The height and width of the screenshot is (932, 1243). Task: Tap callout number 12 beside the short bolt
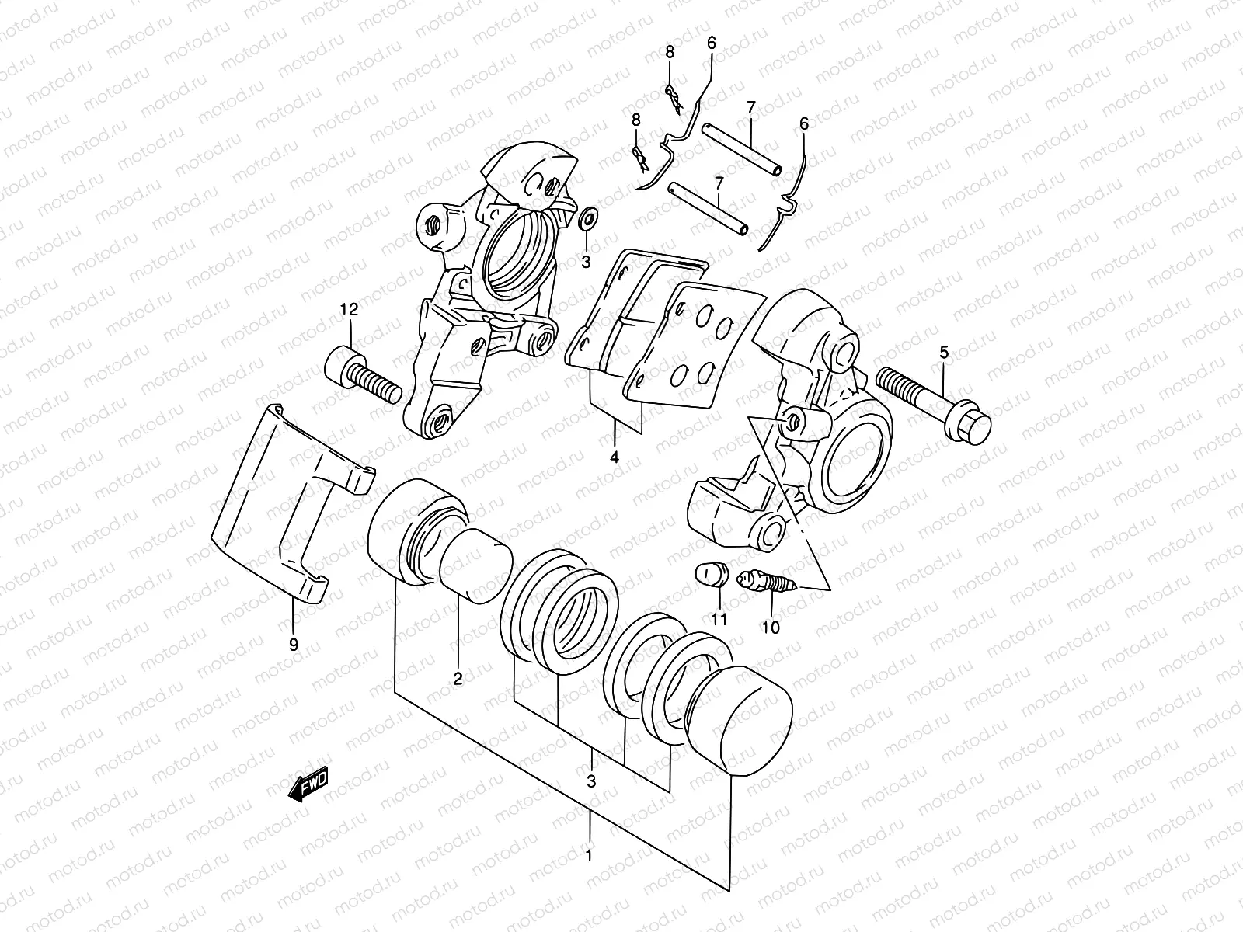tap(349, 311)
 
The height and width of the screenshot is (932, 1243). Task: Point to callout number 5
tap(944, 353)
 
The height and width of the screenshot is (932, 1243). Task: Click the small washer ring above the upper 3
tap(588, 221)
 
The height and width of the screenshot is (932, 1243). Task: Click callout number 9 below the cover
tap(294, 645)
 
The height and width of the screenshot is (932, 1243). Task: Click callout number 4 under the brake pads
tap(615, 457)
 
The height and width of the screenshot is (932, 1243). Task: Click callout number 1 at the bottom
tap(589, 857)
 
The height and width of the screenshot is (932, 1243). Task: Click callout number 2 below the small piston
tap(458, 679)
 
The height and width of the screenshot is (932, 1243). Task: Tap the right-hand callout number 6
tap(804, 124)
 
